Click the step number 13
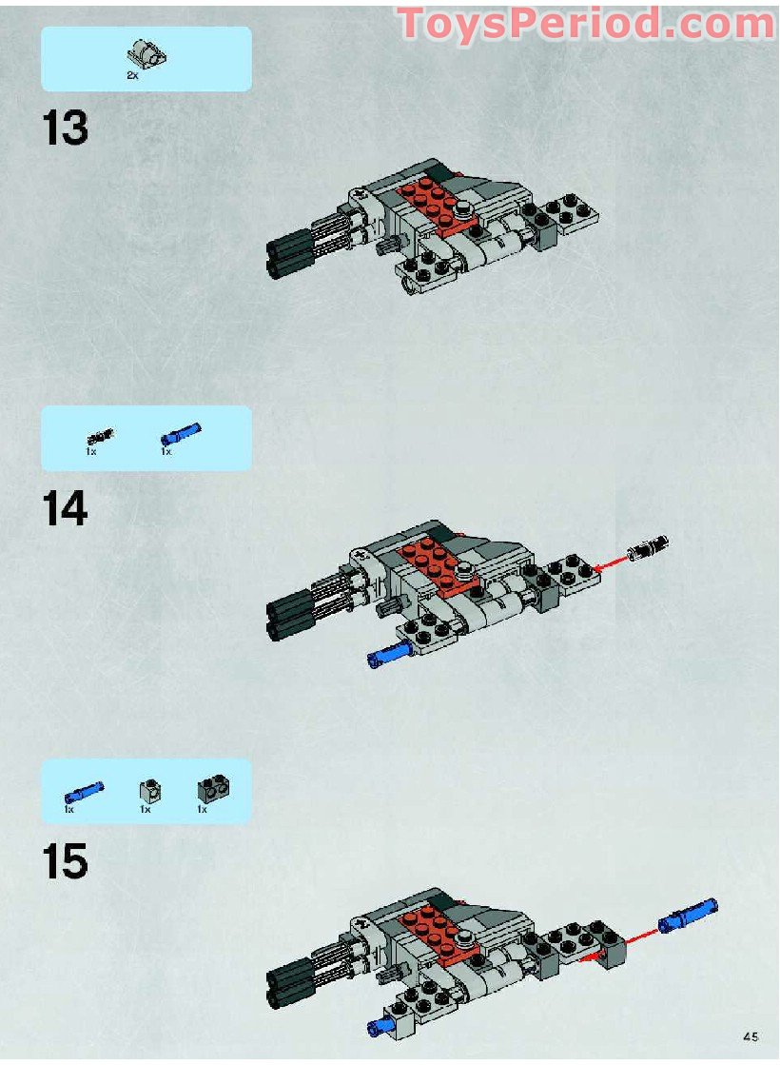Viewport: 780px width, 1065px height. pyautogui.click(x=65, y=129)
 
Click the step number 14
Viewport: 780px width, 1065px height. pyautogui.click(x=65, y=510)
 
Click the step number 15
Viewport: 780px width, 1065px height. pyautogui.click(x=65, y=862)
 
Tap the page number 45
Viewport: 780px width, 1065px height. pyautogui.click(x=751, y=1037)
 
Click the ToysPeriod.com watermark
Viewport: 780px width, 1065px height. pyautogui.click(x=585, y=23)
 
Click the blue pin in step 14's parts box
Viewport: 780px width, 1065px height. pyautogui.click(x=181, y=434)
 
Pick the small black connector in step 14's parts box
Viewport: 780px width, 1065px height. pyautogui.click(x=100, y=437)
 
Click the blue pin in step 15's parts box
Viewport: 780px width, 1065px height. pyautogui.click(x=84, y=791)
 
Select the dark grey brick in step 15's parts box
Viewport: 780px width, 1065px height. pyautogui.click(x=211, y=789)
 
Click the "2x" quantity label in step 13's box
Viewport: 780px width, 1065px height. pyautogui.click(x=132, y=75)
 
